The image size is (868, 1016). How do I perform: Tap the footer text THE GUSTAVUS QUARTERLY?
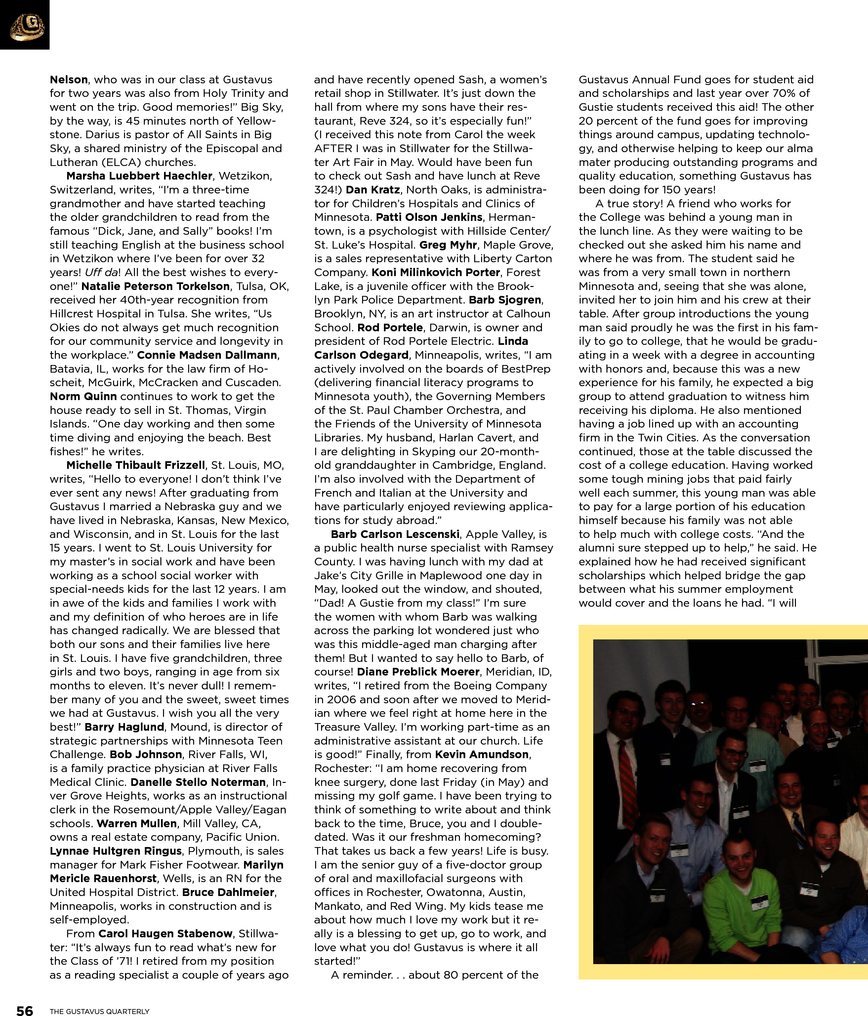[100, 1011]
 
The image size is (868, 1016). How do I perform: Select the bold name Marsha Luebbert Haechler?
[139, 176]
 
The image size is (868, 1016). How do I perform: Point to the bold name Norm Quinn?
[83, 396]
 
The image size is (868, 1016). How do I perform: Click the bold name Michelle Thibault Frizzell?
[136, 465]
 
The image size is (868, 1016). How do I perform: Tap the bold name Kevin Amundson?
[481, 754]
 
